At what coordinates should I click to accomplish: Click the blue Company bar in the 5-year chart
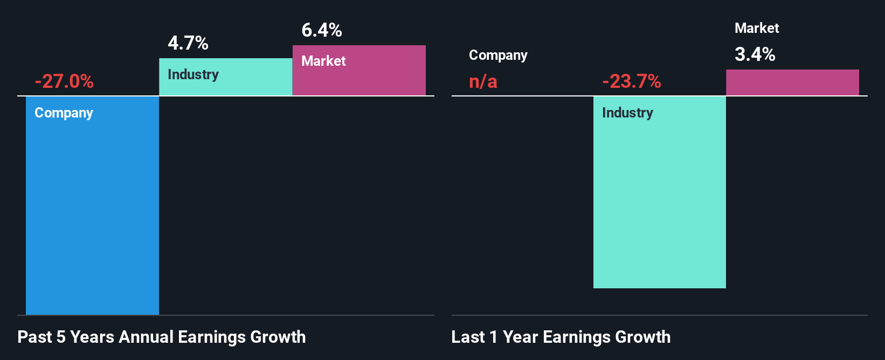92,216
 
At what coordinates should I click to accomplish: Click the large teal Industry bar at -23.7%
660,205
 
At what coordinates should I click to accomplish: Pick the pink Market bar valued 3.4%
792,82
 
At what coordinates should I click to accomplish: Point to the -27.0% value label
64,81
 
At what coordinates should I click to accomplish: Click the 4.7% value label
188,43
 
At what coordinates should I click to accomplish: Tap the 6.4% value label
322,30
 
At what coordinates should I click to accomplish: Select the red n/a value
483,81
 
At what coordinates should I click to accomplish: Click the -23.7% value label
631,81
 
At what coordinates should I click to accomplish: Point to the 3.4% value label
755,54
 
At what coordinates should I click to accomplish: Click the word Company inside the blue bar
64,113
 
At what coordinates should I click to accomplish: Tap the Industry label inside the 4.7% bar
193,74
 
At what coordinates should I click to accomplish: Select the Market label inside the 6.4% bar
323,61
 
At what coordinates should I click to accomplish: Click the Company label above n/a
498,56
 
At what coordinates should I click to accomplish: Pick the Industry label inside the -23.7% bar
627,113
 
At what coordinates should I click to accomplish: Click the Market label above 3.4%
757,28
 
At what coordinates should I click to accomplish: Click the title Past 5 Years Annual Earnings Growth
162,337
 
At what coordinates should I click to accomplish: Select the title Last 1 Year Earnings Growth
561,337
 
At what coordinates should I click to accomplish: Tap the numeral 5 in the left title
61,337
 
